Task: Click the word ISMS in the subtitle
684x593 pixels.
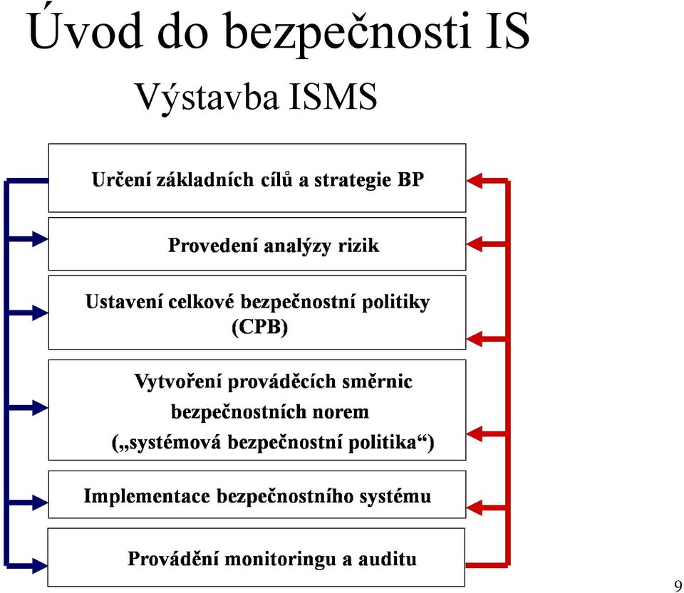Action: tap(333, 96)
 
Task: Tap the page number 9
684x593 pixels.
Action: tap(678, 585)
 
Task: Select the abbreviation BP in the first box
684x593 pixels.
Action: tap(410, 179)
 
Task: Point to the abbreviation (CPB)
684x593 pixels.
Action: tap(259, 327)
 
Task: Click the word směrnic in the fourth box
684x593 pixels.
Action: tap(377, 382)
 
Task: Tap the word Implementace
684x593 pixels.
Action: tap(147, 496)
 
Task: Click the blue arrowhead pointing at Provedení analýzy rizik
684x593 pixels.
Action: tap(40, 238)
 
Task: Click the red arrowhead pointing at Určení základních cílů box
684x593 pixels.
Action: tap(475, 180)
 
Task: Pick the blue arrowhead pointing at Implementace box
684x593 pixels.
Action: tap(40, 503)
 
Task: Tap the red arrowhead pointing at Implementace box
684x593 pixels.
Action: tap(475, 508)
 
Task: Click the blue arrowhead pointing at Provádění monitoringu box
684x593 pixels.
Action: tap(40, 565)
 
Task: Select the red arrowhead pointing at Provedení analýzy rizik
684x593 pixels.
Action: tap(475, 244)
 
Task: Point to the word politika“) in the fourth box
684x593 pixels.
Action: tap(391, 443)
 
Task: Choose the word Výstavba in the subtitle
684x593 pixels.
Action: tap(207, 97)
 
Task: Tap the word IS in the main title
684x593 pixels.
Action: tap(507, 31)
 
